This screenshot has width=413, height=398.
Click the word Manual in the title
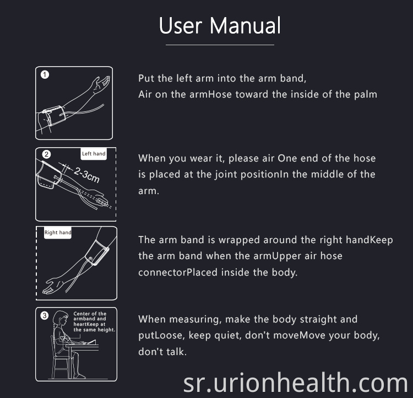[245, 25]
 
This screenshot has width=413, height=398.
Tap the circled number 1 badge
[45, 74]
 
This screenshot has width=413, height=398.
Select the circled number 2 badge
[46, 154]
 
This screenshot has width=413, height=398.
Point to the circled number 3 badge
[45, 315]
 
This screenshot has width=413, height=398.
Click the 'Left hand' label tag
[94, 154]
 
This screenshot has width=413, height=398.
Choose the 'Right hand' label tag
[58, 233]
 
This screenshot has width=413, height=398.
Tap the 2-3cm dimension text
[86, 175]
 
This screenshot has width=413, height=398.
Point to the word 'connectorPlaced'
[178, 272]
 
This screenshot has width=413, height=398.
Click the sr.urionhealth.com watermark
[296, 383]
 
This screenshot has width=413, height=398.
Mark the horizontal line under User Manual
[220, 45]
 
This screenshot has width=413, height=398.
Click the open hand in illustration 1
[101, 84]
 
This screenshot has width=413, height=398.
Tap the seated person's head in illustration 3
[61, 318]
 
